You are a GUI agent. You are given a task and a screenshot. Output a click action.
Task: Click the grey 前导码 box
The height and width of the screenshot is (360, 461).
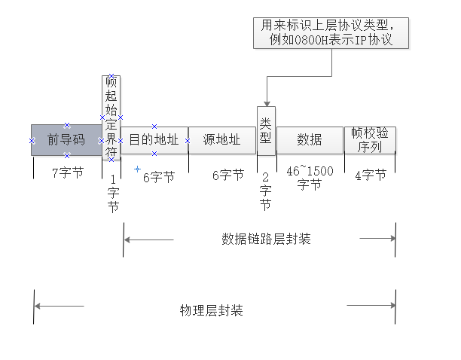click(x=66, y=140)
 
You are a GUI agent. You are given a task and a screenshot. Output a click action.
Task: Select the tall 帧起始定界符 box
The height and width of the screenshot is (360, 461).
click(x=111, y=117)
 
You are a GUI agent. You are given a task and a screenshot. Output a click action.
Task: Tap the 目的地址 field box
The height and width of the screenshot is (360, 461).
click(x=154, y=140)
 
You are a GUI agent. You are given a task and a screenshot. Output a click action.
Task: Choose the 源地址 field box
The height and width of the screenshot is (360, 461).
click(x=221, y=140)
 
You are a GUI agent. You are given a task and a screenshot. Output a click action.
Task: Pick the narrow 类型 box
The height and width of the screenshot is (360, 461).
click(x=265, y=130)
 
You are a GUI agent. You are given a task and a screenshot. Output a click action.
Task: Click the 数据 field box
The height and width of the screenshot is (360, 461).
click(x=309, y=140)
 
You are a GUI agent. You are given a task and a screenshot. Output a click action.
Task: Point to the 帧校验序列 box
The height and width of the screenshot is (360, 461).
click(x=370, y=140)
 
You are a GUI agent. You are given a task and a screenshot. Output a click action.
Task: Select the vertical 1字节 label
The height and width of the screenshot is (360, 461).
click(x=112, y=193)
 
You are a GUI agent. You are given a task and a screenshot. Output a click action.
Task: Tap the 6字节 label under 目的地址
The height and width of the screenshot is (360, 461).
click(x=158, y=177)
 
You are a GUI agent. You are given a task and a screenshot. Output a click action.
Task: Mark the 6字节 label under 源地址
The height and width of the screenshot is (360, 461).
click(x=227, y=175)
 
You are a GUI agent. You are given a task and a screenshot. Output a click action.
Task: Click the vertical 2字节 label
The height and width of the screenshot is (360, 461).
click(x=265, y=188)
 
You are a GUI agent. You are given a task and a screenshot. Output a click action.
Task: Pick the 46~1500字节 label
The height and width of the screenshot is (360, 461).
click(x=309, y=178)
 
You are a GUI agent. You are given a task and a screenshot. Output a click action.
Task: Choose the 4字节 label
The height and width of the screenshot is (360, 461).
click(x=370, y=175)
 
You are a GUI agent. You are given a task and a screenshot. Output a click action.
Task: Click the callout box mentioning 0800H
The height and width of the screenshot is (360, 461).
click(x=332, y=33)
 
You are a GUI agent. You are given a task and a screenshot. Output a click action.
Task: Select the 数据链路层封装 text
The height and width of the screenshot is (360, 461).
click(x=266, y=239)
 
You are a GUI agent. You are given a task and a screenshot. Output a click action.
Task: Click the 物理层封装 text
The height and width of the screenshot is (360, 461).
click(x=211, y=310)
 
